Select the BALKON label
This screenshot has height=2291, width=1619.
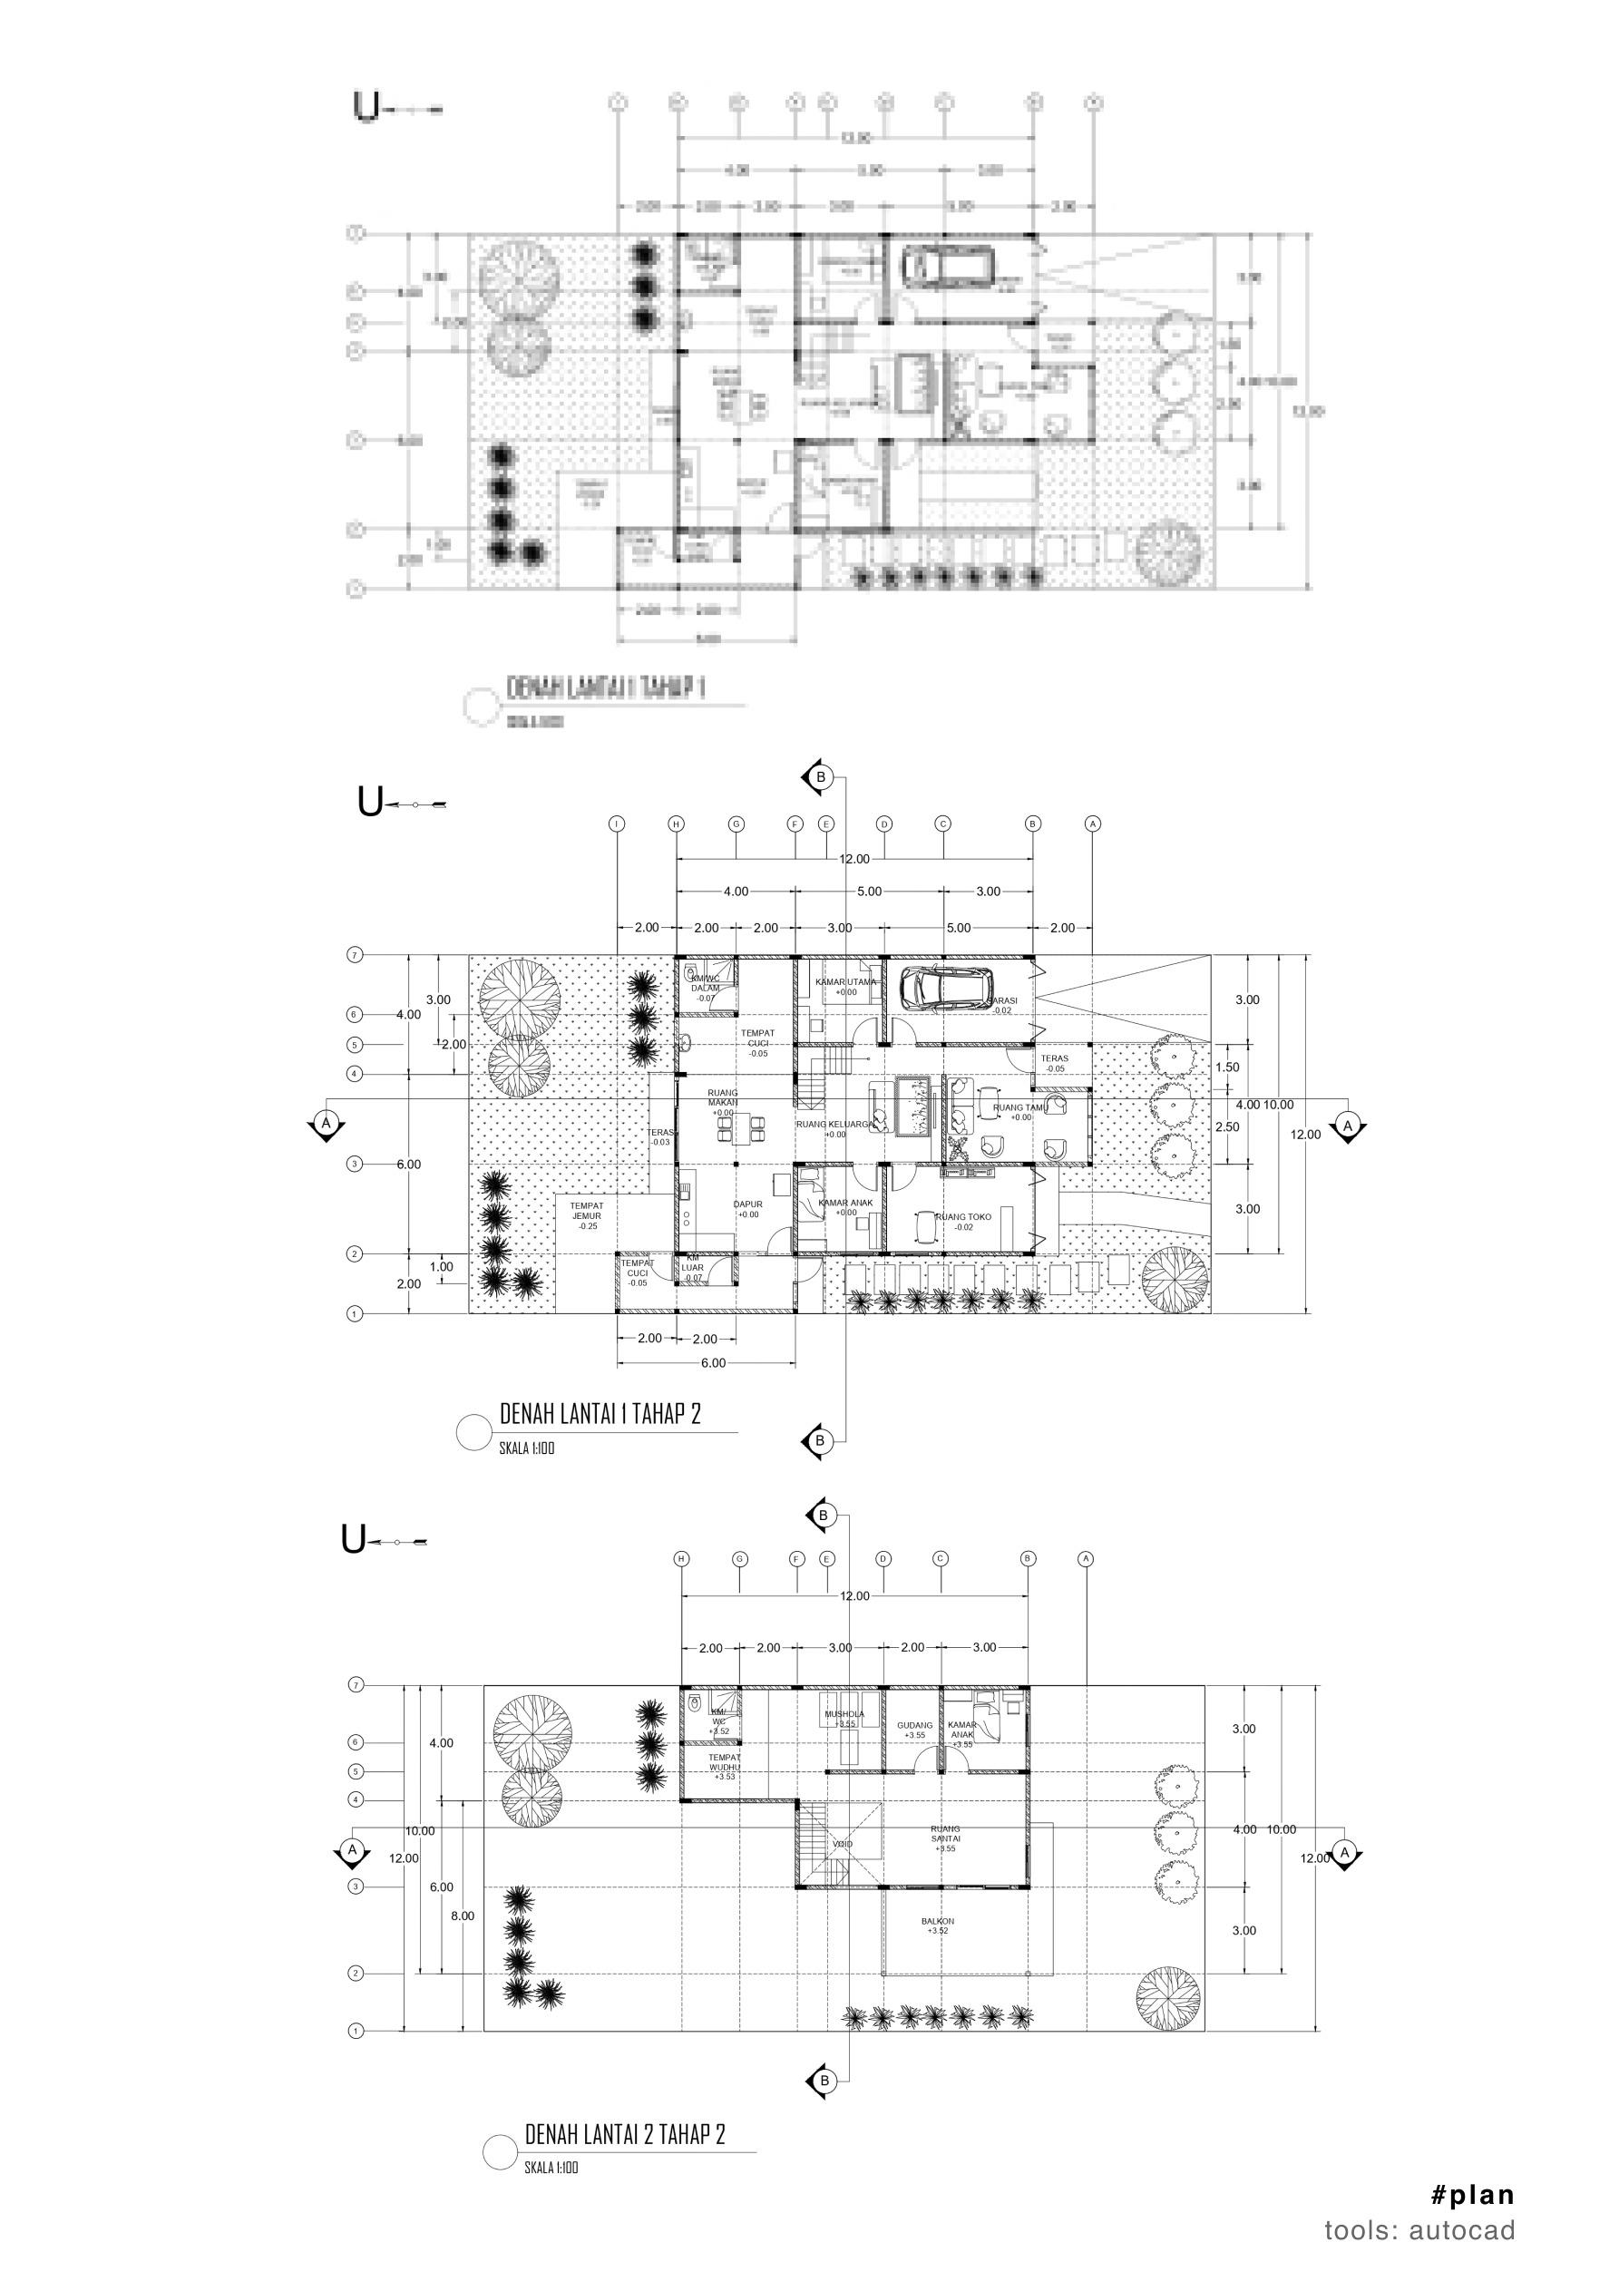pyautogui.click(x=938, y=1921)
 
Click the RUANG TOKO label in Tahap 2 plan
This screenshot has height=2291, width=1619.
pyautogui.click(x=963, y=1216)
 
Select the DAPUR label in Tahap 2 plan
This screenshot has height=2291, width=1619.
pyautogui.click(x=747, y=1204)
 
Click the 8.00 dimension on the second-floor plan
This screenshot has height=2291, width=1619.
pyautogui.click(x=463, y=1916)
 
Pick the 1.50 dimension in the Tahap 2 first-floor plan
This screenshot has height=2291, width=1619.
pyautogui.click(x=1228, y=1067)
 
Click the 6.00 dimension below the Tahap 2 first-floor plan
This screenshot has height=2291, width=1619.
pyautogui.click(x=713, y=1362)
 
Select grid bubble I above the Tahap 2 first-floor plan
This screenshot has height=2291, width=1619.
pyautogui.click(x=618, y=824)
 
